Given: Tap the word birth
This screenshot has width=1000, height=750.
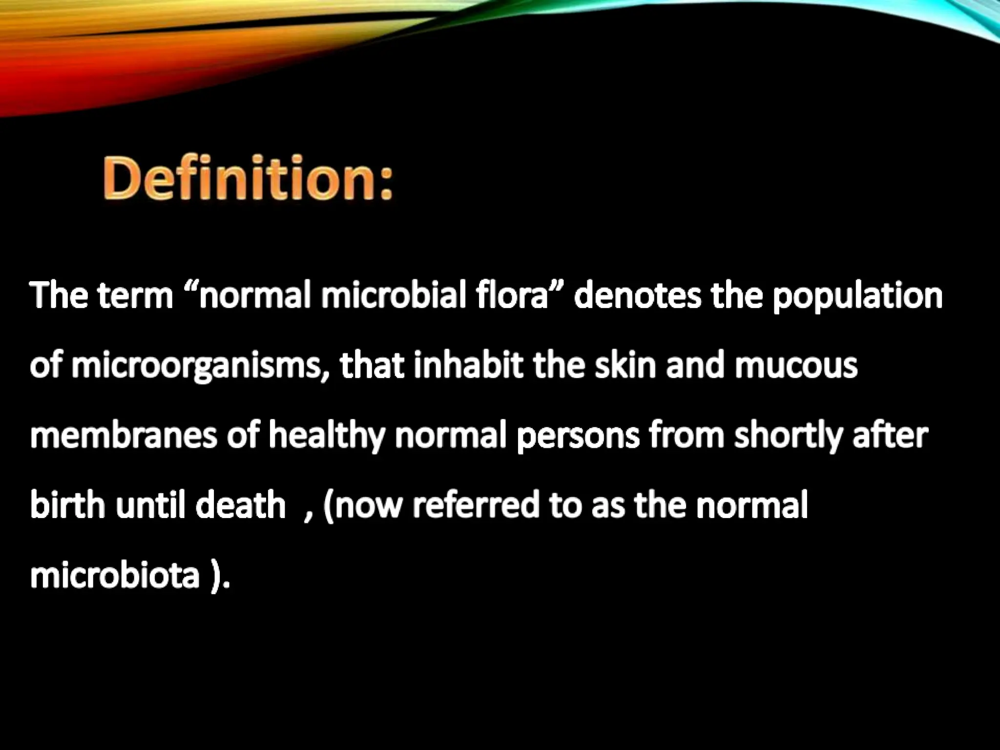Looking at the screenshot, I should point(67,505).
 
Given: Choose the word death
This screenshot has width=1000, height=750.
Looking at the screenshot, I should point(240,505).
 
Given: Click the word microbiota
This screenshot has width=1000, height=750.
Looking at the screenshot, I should point(115,575).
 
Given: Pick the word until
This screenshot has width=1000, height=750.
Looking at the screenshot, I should point(150,505).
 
